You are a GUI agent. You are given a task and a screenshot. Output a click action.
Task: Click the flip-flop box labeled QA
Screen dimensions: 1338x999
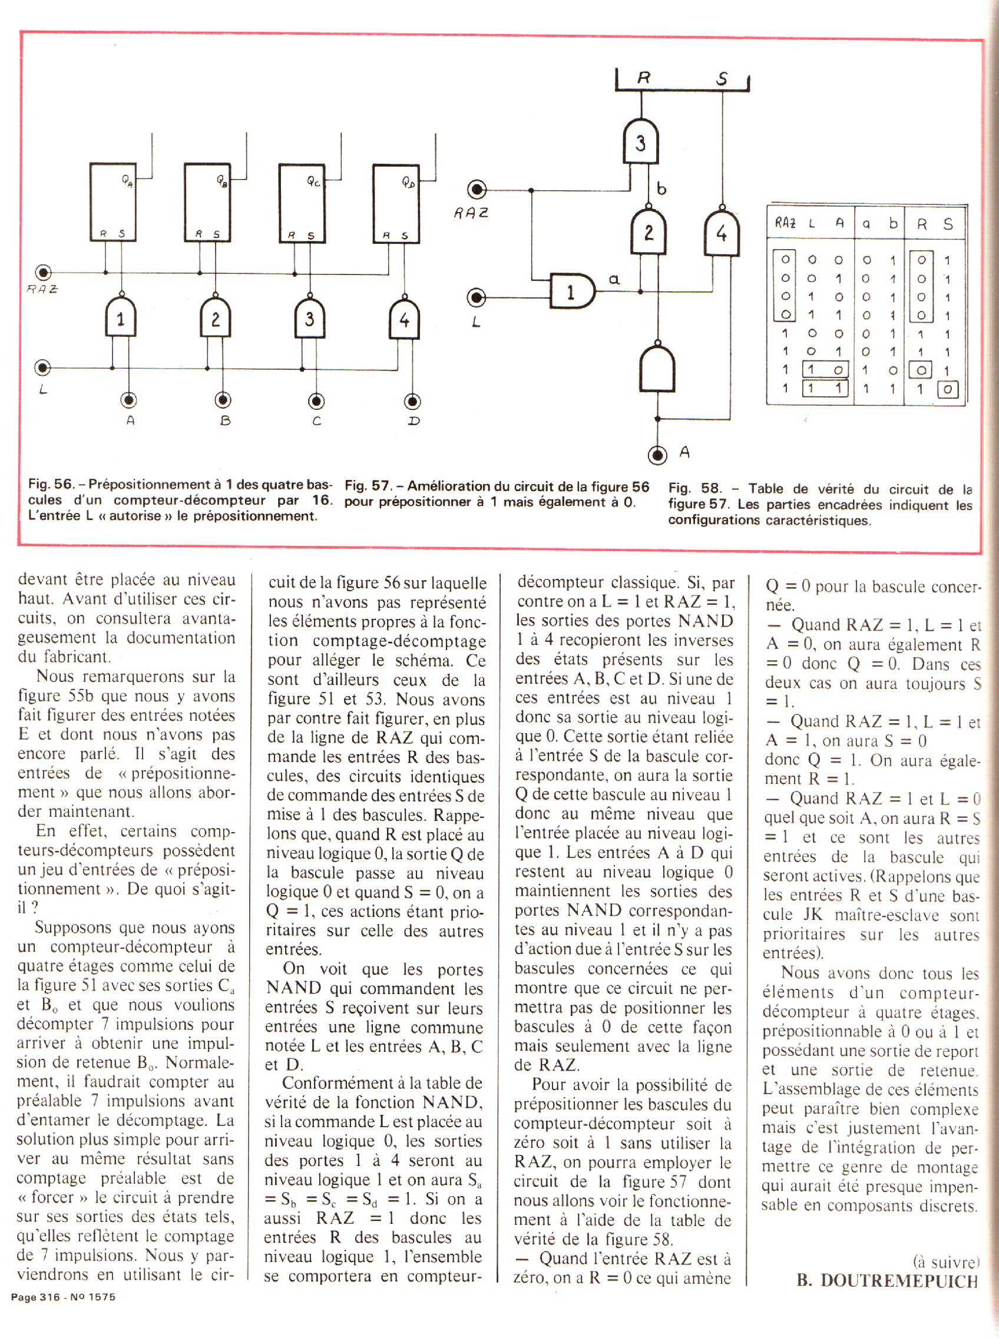tap(113, 202)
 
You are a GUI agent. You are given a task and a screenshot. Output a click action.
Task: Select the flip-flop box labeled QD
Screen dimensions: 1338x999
tap(395, 203)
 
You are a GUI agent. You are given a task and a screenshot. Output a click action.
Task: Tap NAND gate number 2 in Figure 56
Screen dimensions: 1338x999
tap(215, 318)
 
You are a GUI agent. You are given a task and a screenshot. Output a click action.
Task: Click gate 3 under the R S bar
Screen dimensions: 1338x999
tap(640, 142)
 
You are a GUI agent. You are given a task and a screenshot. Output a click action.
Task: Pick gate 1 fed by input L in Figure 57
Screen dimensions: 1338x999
tap(571, 292)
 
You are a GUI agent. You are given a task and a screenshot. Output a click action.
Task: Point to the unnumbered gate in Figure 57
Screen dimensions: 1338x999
tap(657, 367)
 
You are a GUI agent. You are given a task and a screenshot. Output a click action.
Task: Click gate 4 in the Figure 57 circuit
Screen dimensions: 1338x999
tap(722, 233)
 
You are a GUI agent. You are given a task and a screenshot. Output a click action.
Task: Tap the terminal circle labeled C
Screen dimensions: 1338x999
tap(317, 401)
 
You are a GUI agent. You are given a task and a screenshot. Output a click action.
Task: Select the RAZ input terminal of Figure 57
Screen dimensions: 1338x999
tap(478, 190)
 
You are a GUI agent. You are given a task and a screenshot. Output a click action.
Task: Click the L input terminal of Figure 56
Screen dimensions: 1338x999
tap(42, 367)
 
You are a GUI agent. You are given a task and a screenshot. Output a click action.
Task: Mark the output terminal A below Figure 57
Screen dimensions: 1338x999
tap(657, 455)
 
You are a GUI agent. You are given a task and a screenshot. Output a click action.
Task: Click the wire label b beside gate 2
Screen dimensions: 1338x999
tap(661, 189)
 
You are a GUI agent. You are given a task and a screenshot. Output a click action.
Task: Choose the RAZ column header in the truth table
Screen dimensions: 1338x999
tap(785, 223)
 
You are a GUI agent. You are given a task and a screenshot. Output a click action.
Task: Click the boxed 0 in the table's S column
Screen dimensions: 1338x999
tap(948, 390)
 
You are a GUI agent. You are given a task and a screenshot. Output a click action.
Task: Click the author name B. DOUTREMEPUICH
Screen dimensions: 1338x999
tap(886, 1280)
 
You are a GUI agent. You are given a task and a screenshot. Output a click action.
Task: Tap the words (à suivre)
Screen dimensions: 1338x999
tap(945, 1262)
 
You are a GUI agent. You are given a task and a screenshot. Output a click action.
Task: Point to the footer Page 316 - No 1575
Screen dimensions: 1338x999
tap(63, 1297)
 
